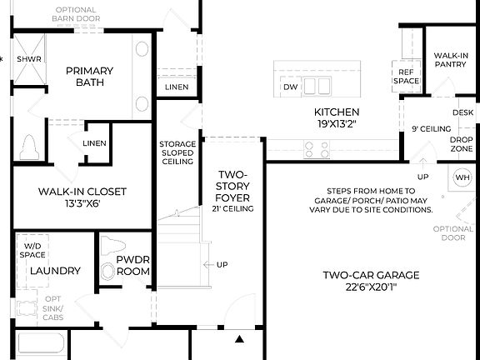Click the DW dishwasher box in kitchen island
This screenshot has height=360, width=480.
coord(290,87)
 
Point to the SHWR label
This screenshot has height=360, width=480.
coord(29,59)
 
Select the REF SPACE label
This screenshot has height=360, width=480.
coord(406,77)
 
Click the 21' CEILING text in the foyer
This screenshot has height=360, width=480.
coord(233,208)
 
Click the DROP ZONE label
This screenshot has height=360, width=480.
coord(462,144)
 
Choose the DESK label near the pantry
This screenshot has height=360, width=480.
coord(462,112)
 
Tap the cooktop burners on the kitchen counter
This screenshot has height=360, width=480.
coord(317,149)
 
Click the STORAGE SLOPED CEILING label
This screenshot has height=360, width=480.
coord(177,154)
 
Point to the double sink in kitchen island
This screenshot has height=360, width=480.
coord(317,87)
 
